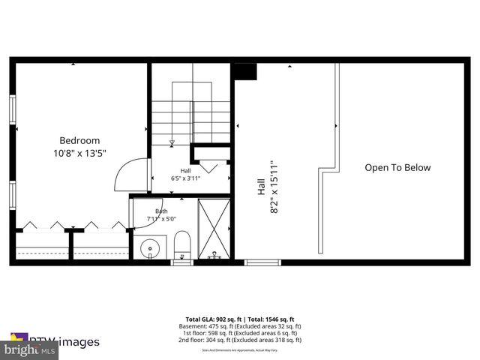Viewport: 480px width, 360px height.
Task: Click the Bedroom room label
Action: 79,140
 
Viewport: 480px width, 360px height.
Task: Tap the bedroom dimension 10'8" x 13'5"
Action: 79,153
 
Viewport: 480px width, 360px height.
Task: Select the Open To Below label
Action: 397,168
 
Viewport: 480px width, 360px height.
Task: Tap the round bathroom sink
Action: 149,246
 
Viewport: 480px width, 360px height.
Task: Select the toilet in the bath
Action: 182,244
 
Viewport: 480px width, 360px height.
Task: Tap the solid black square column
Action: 245,71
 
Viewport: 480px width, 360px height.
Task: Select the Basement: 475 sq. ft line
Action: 240,325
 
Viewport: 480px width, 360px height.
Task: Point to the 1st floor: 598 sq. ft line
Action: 240,332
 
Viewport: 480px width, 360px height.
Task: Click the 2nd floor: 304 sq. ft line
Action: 240,340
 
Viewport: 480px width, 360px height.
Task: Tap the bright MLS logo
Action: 30,350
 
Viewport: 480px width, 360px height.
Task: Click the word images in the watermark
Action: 78,342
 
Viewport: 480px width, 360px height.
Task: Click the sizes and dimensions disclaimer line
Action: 240,348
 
